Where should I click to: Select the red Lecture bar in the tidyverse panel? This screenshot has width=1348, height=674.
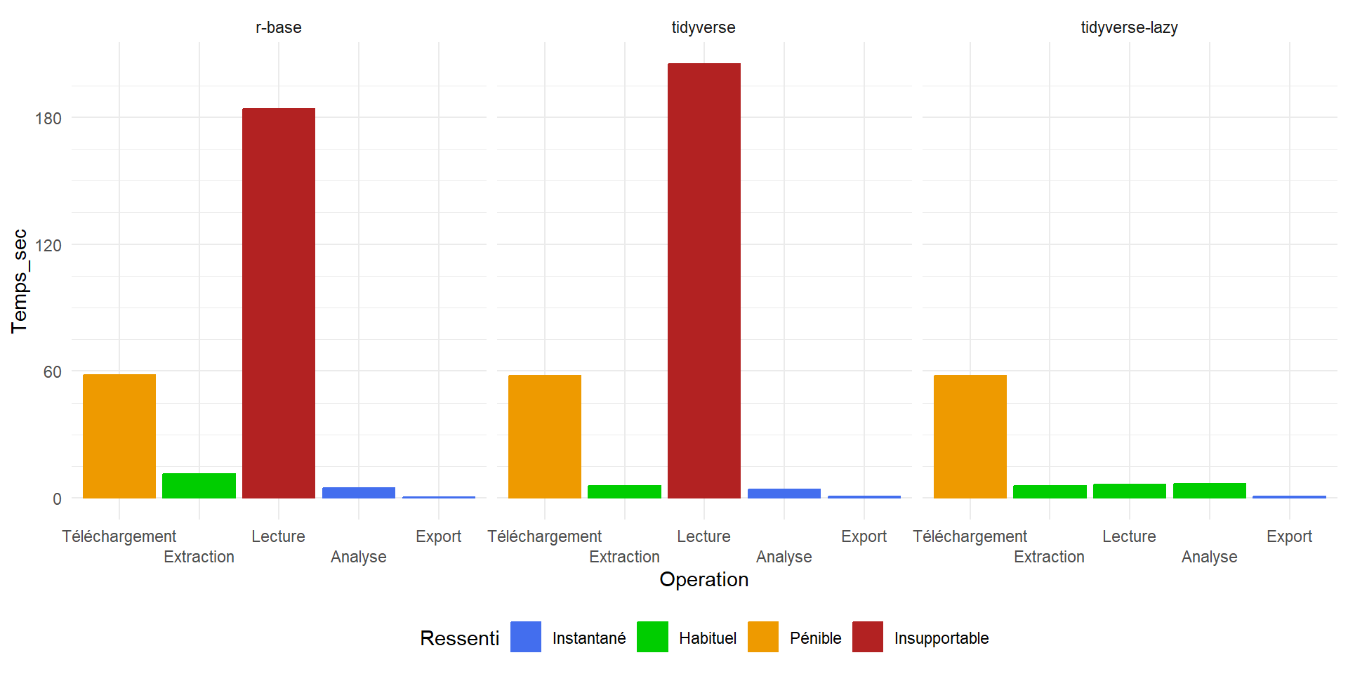[704, 281]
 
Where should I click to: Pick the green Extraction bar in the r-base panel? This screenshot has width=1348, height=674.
[199, 486]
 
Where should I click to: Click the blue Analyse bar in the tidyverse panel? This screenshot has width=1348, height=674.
[784, 493]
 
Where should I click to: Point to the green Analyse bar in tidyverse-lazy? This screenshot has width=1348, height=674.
[1210, 491]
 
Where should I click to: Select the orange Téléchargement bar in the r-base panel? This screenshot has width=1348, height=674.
[119, 436]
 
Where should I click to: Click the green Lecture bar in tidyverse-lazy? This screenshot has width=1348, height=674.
[1130, 491]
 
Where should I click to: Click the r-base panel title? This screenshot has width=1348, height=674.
[279, 27]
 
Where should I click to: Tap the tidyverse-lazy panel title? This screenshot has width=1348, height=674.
[1129, 27]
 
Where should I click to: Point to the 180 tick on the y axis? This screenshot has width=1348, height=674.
[48, 118]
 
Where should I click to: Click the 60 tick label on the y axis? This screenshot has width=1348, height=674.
[53, 372]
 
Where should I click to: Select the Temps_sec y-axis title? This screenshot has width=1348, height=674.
[20, 281]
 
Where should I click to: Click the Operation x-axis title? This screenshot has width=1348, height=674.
[703, 579]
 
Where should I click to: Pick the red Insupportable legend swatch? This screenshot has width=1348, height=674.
[868, 637]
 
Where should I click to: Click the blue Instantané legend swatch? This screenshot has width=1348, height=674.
[526, 637]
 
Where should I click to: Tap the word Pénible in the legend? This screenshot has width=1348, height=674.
[815, 638]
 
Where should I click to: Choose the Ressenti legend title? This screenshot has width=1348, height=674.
[459, 638]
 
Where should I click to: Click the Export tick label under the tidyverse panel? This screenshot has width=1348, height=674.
[864, 536]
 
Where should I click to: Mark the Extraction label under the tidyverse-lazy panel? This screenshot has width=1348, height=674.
[1049, 557]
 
